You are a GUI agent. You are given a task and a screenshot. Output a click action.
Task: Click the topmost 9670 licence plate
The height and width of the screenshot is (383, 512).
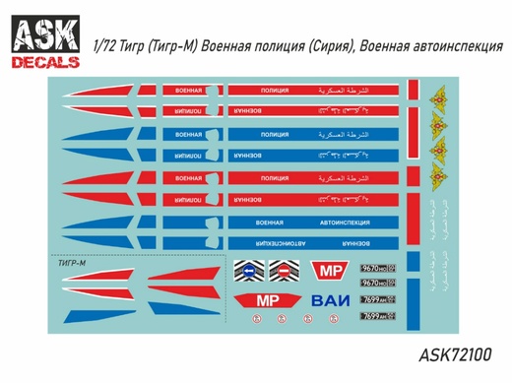(377, 267)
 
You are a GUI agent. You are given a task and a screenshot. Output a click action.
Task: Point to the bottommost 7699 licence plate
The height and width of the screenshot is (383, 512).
(377, 316)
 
